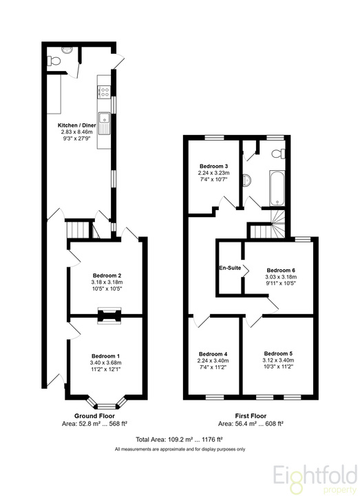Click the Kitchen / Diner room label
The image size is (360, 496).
pos(77,125)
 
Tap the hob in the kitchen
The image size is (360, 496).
pos(104,92)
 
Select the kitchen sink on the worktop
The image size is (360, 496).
pos(104,123)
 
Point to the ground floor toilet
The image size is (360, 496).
pos(54,61)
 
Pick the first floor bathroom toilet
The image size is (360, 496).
pos(279,154)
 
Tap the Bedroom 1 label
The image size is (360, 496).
pos(105,356)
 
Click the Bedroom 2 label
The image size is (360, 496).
pos(107,276)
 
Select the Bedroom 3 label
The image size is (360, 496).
pos(213,166)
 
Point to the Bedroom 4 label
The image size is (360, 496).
pos(213,354)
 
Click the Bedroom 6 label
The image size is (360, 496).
pos(281,270)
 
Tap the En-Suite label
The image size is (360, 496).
pos(230,268)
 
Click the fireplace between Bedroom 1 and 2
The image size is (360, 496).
pos(109,316)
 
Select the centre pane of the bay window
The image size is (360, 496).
pos(107,406)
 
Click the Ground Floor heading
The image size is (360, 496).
pos(94,416)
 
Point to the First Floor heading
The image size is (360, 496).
pos(251,416)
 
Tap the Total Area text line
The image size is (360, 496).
pos(179,440)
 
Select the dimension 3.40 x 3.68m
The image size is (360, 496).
pos(105,363)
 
